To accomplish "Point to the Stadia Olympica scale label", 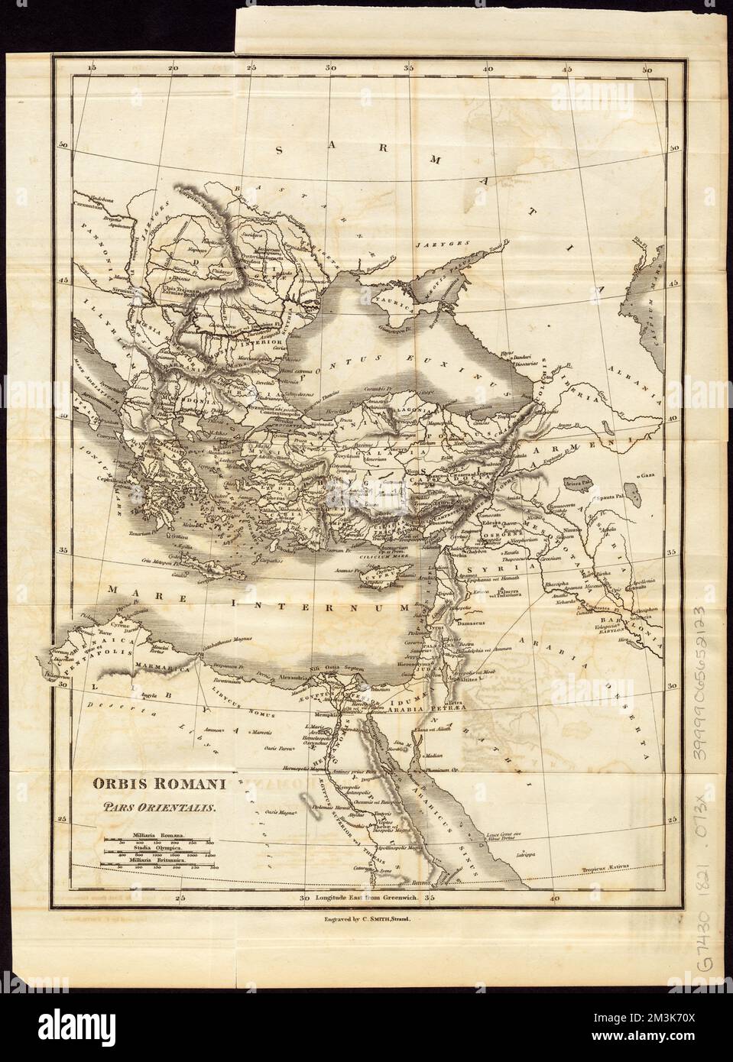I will point(156,848).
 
